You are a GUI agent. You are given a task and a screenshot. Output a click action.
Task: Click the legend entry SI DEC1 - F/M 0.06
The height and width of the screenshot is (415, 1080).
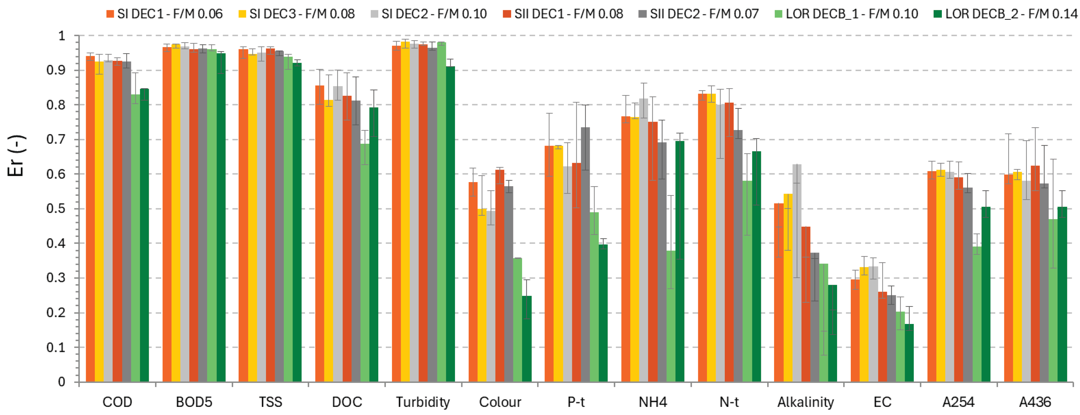click(x=164, y=14)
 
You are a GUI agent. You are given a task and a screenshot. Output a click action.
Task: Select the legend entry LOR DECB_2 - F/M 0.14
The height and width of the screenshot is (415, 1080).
click(x=1005, y=14)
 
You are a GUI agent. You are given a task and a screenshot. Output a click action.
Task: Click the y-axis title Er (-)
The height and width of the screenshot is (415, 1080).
click(x=16, y=156)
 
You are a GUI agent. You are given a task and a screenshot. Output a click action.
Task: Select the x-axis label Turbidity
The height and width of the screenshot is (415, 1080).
click(x=423, y=402)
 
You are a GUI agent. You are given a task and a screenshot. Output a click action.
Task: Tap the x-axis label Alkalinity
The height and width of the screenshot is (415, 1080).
click(x=805, y=402)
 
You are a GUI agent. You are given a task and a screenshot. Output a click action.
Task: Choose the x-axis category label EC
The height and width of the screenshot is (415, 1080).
click(x=882, y=402)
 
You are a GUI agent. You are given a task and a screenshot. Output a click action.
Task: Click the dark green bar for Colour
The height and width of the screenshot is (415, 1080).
click(x=526, y=339)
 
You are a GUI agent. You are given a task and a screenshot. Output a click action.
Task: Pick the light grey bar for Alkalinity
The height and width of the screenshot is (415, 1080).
click(x=797, y=273)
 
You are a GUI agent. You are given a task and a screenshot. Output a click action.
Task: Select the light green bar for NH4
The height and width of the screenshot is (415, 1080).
click(x=671, y=316)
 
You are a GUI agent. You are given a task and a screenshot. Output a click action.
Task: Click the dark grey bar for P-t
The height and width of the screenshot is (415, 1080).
click(x=585, y=254)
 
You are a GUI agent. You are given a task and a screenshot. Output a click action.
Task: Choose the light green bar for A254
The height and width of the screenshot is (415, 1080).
click(x=977, y=314)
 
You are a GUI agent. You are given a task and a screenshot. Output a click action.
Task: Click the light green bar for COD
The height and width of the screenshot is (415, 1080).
click(x=135, y=238)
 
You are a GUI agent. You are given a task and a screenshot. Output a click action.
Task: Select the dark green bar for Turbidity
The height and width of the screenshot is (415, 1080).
click(x=450, y=224)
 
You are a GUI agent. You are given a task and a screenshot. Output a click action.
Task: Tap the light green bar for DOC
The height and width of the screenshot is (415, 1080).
click(x=365, y=263)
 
